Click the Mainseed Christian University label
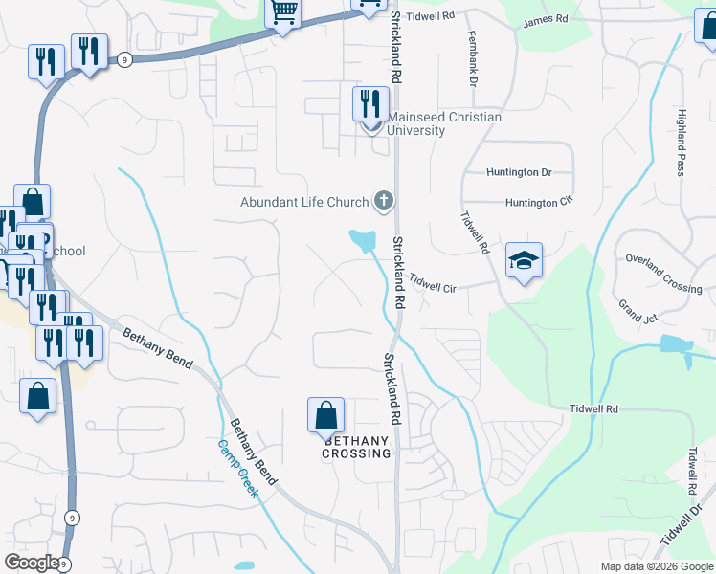444,123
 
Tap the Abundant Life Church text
304,202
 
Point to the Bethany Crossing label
358,447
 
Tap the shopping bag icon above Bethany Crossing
325,416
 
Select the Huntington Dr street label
520,173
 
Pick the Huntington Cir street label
537,203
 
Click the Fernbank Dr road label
472,58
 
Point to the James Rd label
545,19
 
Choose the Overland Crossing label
663,274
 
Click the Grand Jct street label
636,311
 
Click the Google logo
31,563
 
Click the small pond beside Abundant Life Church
363,240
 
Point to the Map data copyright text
656,566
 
